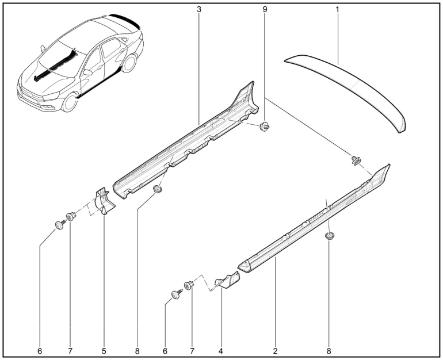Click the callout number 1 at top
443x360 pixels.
337,9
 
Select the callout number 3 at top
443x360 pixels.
199,9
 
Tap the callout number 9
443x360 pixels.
265,9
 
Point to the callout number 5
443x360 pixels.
104,351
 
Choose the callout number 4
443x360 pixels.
221,351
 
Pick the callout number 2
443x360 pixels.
275,351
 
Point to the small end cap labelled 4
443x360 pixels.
228,280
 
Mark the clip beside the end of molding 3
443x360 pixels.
265,127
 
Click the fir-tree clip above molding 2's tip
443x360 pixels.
356,160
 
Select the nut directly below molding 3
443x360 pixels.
158,189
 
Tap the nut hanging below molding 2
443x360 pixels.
329,235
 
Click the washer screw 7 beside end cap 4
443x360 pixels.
189,285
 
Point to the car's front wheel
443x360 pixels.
70,102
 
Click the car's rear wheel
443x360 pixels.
129,63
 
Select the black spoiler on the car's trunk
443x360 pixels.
125,21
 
